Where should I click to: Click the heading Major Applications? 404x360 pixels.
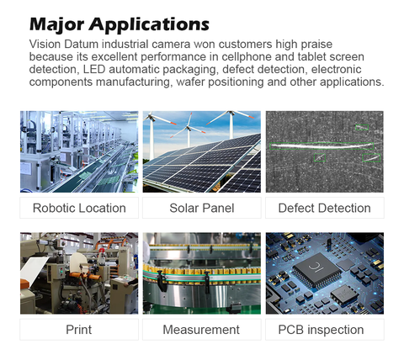point(120,24)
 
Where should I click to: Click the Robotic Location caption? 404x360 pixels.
point(79,208)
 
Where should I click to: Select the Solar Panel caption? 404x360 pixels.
point(202,208)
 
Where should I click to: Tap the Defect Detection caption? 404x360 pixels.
point(325,208)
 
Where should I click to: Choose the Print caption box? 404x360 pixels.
point(79,330)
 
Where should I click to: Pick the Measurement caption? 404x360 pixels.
point(202,330)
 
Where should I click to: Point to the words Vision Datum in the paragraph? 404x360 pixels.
point(64,45)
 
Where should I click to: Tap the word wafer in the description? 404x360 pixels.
point(190,82)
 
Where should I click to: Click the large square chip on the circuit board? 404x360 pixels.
point(316,270)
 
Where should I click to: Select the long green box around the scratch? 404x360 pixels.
point(322,146)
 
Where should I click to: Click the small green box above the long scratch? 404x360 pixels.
point(362,127)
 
